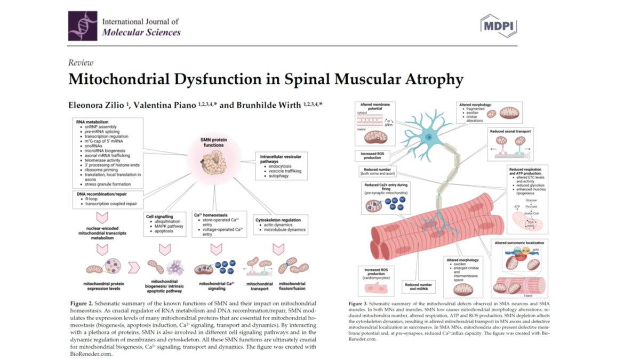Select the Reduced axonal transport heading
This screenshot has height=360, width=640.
(x=517, y=131)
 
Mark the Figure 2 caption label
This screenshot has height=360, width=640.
(x=85, y=302)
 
